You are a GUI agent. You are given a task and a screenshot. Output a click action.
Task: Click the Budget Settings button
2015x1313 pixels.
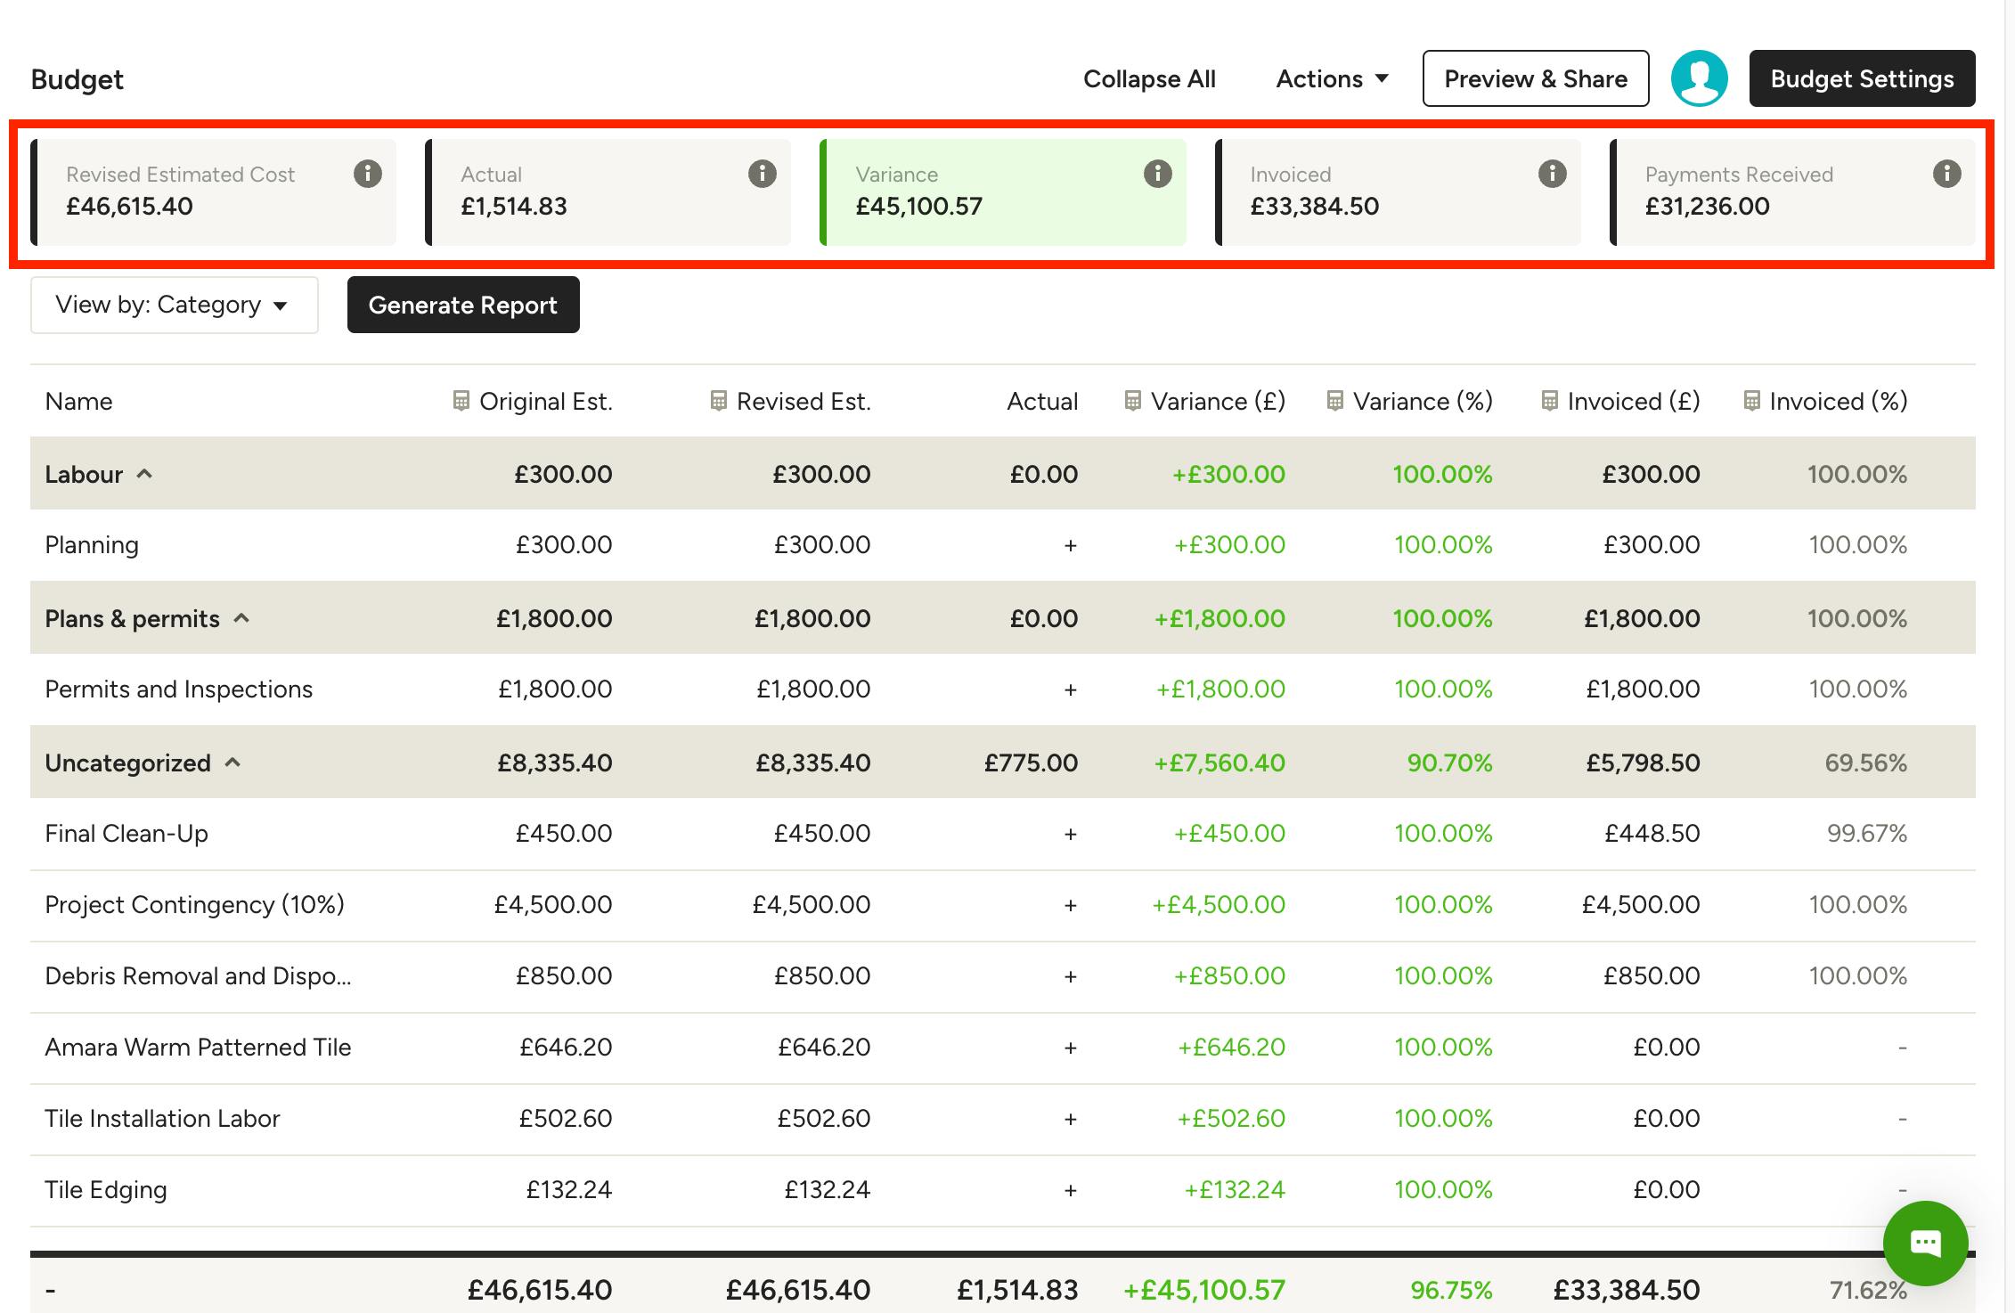(x=1862, y=78)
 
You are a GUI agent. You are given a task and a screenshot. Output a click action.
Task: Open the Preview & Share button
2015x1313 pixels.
(x=1536, y=78)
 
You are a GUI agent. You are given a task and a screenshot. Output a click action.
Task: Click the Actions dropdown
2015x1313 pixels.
(x=1332, y=79)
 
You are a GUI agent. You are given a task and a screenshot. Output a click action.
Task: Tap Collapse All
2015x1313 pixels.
(x=1149, y=79)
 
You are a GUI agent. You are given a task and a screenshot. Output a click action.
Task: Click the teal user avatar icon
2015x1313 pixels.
(x=1699, y=78)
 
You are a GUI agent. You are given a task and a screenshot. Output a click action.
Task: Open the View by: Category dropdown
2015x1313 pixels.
(x=174, y=305)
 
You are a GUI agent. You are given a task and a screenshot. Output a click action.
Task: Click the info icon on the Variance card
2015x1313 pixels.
(x=1157, y=174)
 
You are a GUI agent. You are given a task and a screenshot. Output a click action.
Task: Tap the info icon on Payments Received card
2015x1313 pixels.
(x=1946, y=174)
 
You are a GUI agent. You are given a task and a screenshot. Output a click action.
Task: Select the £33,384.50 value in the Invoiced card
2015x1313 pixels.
(x=1314, y=207)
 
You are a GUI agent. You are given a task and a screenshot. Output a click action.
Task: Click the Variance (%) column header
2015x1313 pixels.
(x=1410, y=402)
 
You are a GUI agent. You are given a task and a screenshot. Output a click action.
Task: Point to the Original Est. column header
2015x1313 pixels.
(x=533, y=402)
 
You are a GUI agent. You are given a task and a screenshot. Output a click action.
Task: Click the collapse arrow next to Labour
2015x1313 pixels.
(x=144, y=474)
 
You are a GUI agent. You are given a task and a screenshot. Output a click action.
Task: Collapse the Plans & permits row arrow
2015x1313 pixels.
(x=241, y=618)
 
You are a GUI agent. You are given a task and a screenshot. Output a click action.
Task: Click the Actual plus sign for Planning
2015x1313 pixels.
(x=1070, y=545)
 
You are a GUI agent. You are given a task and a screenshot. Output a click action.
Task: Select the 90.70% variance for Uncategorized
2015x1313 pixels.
(x=1449, y=763)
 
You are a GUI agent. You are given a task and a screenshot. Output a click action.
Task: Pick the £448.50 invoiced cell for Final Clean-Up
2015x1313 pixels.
(x=1652, y=834)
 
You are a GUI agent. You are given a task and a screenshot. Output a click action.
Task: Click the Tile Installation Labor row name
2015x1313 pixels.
(x=162, y=1119)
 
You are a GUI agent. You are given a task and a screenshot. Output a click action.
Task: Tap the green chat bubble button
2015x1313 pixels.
(x=1925, y=1243)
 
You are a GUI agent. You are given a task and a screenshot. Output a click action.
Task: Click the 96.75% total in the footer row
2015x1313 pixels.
(x=1451, y=1290)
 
